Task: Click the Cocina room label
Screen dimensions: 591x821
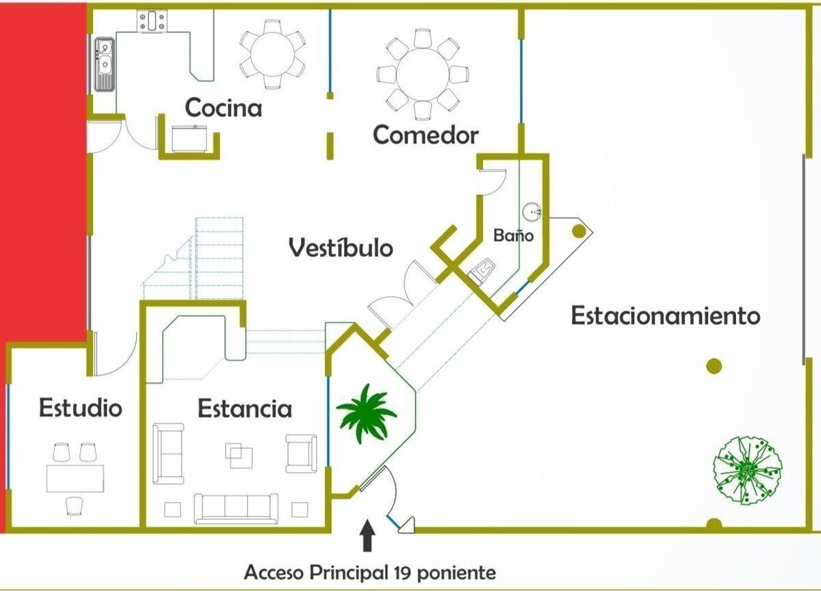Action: tap(224, 108)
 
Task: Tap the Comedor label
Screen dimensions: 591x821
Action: tap(425, 135)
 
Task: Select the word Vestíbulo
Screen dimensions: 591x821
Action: tap(341, 247)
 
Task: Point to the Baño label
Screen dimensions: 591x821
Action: tap(513, 235)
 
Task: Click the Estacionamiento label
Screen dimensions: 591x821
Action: tap(665, 316)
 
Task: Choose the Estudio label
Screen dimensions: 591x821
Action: tap(80, 408)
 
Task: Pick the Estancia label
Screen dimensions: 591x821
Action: tap(244, 408)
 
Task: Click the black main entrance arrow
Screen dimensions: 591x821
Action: tap(367, 537)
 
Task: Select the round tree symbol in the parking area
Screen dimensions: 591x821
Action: tap(747, 471)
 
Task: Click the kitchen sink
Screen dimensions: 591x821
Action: tap(105, 63)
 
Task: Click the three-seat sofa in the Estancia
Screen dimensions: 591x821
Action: tap(236, 507)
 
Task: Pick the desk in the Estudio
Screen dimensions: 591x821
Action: tap(75, 478)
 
